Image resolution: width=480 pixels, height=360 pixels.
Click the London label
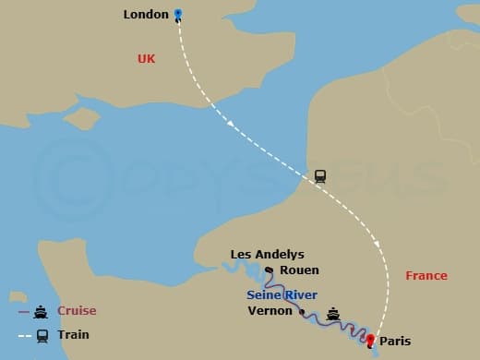[146, 15]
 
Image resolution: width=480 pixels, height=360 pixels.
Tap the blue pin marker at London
[178, 15]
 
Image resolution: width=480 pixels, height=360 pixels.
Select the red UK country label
[146, 58]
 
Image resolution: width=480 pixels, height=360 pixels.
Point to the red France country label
[426, 275]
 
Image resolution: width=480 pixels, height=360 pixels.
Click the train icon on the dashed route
[320, 175]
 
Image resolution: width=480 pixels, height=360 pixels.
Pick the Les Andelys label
[267, 255]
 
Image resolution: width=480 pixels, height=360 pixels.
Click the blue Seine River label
[282, 294]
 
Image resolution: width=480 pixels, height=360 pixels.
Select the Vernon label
[270, 311]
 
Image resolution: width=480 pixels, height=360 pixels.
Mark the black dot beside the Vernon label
[302, 312]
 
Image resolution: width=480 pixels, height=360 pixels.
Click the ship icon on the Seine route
[333, 313]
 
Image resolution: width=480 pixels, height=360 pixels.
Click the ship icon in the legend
[42, 312]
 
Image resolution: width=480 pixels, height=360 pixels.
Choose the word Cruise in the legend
[77, 311]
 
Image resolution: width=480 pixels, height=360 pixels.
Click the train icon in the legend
[42, 336]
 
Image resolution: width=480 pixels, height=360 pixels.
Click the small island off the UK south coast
[82, 119]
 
